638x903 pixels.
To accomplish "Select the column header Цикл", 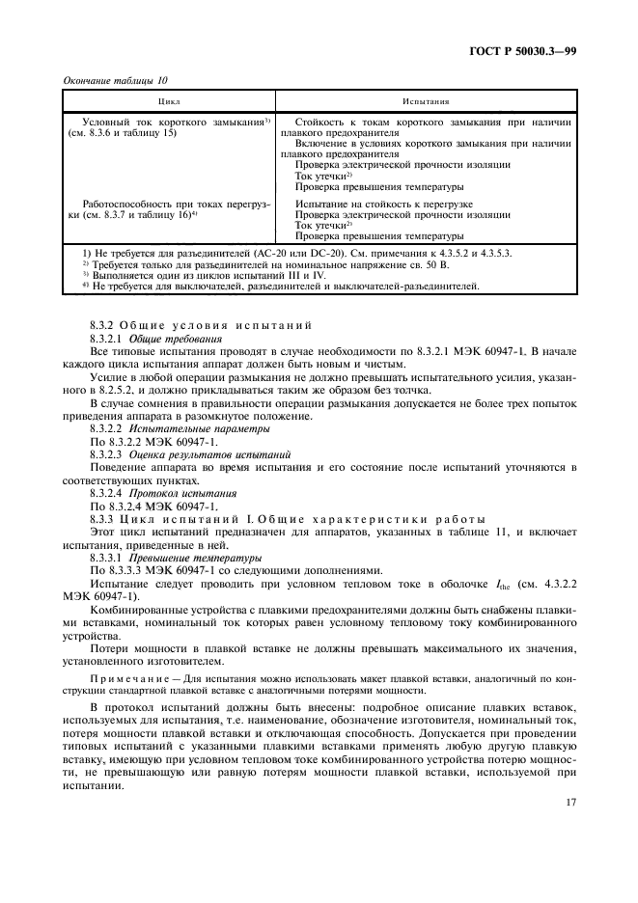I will pyautogui.click(x=169, y=100).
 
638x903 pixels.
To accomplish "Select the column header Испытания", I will pyautogui.click(x=427, y=100).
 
